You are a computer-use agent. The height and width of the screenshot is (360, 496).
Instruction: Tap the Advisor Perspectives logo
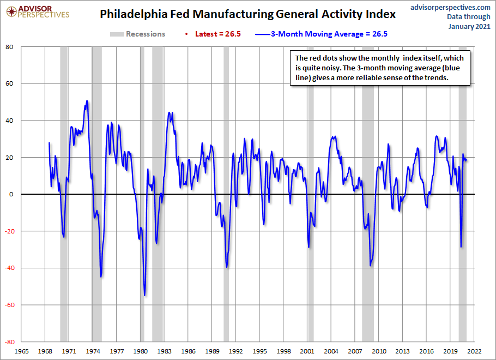pos(38,12)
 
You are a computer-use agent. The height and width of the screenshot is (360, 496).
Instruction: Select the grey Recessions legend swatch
pos(117,34)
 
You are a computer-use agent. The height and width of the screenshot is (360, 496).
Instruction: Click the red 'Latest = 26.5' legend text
pos(217,34)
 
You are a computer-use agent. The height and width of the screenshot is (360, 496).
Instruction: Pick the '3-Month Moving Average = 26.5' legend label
pos(329,34)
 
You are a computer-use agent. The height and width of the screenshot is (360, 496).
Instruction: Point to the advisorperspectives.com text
pos(450,7)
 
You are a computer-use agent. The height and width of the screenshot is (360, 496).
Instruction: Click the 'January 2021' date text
pos(469,26)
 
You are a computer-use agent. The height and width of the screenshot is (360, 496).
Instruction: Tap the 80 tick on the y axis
pos(9,47)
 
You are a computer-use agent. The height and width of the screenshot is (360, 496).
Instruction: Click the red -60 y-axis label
pos(9,305)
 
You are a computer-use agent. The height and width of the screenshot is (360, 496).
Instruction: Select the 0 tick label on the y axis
pos(11,194)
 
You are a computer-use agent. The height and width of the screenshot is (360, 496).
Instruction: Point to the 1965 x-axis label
pos(21,351)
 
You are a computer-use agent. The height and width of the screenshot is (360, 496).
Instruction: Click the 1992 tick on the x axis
pos(235,351)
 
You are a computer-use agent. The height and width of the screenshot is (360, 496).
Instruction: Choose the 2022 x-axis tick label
pos(474,351)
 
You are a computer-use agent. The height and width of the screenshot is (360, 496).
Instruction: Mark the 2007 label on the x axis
pos(355,351)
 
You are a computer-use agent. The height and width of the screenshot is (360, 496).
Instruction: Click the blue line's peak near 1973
pos(87,101)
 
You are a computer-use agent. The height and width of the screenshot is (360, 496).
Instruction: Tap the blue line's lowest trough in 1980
pos(144,296)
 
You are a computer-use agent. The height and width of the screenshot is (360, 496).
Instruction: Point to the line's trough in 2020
pos(461,247)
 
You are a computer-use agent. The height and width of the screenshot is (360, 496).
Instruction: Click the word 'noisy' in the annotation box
pos(330,68)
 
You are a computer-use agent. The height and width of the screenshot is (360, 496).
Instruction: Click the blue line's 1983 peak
pos(169,112)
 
